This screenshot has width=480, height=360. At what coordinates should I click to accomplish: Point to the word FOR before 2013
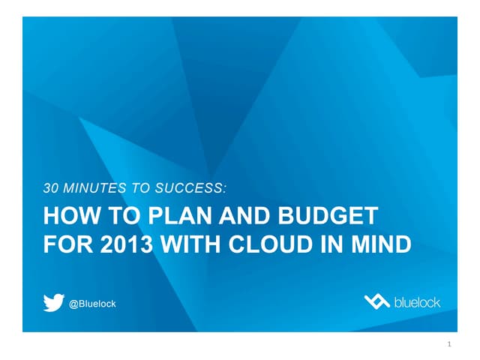[66, 244]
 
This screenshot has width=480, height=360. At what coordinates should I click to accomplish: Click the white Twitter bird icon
[53, 302]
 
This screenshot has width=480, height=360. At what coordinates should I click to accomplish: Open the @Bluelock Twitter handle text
[92, 303]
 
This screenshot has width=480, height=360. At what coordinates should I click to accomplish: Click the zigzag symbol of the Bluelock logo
[376, 301]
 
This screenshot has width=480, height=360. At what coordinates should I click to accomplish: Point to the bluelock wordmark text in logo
[417, 301]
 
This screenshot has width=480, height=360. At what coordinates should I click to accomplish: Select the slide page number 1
[448, 344]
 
